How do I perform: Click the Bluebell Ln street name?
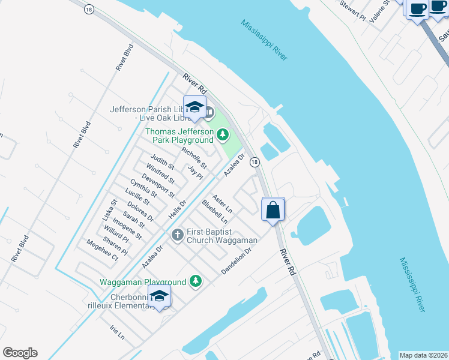(214, 212)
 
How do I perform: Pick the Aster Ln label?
(223, 203)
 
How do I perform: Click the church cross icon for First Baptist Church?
(177, 235)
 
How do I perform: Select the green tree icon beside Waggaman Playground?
(195, 280)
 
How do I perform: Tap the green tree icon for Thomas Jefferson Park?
(223, 135)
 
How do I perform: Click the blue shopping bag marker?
(273, 210)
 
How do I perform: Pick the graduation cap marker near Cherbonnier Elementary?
(159, 296)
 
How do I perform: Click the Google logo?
(20, 353)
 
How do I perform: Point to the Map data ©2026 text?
(423, 355)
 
